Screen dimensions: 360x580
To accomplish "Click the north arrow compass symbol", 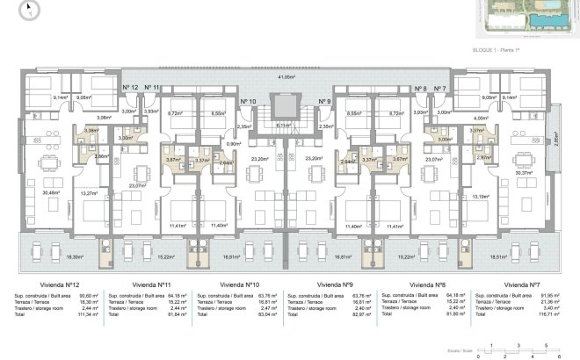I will (x=29, y=11).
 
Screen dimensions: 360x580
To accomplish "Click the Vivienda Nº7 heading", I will (x=522, y=285).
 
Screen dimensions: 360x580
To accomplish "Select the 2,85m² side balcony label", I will (x=555, y=139).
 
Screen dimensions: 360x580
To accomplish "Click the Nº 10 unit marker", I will (x=248, y=102).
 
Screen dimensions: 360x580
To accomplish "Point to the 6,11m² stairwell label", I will (x=284, y=126).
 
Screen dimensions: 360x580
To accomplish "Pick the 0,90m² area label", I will (x=233, y=144).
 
